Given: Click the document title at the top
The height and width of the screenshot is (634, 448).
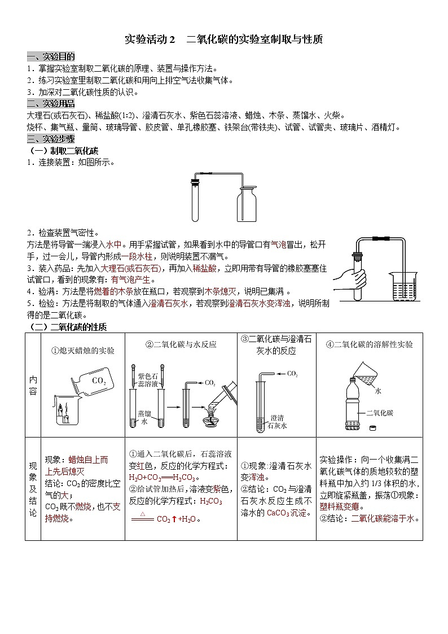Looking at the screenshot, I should click(x=223, y=40).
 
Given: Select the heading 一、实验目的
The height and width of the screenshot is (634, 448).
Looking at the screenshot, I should click(x=51, y=56).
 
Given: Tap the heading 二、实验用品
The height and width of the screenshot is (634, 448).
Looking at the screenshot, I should click(x=51, y=103).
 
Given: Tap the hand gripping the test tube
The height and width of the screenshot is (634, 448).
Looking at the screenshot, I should click(x=350, y=278).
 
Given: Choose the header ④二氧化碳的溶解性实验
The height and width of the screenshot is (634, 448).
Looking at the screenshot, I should click(x=369, y=344).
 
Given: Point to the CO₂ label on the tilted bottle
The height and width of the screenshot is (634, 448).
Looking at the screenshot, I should click(x=99, y=381).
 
